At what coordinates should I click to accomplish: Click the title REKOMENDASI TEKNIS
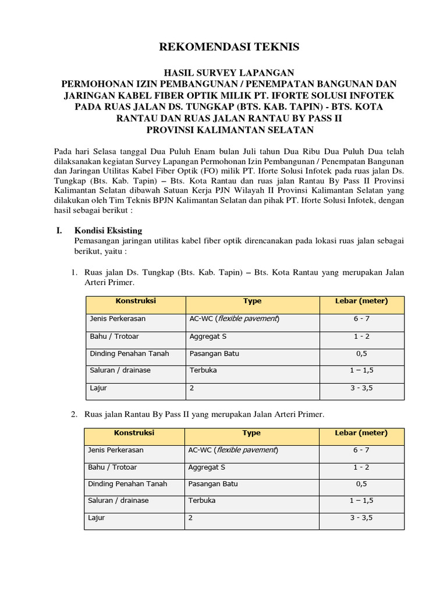pos(223,47)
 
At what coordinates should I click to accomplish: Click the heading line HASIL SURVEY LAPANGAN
pos(223,73)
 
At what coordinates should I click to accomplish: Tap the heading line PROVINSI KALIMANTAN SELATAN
pos(223,129)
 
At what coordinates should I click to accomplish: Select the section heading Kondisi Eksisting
pos(108,230)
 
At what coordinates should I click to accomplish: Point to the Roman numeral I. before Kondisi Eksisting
pos(59,230)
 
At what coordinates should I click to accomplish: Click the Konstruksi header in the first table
pos(136,301)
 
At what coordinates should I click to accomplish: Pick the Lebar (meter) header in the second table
pos(361,433)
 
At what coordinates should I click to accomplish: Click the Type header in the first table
pos(253,301)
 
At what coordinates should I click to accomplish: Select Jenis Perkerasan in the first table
pos(118,319)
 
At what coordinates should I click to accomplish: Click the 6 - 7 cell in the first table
pos(361,319)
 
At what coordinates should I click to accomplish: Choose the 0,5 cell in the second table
pos(361,484)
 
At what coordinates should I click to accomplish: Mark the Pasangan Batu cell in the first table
pos(214,353)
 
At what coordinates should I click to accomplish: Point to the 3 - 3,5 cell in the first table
pos(361,388)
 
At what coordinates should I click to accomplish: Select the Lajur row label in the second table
pos(97,517)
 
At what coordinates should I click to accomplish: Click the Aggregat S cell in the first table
pos(208,336)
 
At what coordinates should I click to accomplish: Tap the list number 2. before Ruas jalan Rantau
pos(74,414)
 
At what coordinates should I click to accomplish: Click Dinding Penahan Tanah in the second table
pos(127,484)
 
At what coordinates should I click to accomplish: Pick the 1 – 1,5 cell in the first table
pos(361,370)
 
